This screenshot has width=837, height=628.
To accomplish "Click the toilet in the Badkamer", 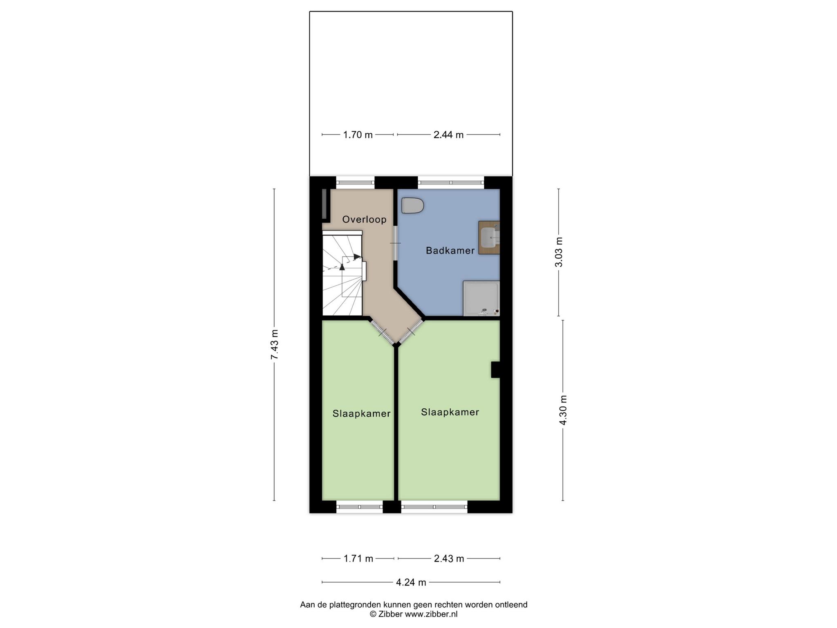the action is pyautogui.click(x=412, y=205).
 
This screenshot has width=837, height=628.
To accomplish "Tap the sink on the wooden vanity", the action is pyautogui.click(x=489, y=238).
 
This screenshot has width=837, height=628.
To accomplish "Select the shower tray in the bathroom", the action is pyautogui.click(x=481, y=298).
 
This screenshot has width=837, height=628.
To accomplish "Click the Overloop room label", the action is pyautogui.click(x=364, y=220).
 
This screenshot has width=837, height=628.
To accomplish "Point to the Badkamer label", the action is pyautogui.click(x=450, y=251).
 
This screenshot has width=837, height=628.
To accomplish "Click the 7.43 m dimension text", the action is pyautogui.click(x=274, y=345).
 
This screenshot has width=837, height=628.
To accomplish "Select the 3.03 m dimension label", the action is pyautogui.click(x=559, y=252).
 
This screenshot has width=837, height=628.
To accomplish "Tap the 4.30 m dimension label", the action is pyautogui.click(x=563, y=410).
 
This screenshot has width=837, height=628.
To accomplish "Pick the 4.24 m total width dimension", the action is pyautogui.click(x=411, y=582).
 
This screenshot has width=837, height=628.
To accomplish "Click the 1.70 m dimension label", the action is pyautogui.click(x=358, y=135).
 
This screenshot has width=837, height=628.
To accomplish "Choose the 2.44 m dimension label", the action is pyautogui.click(x=448, y=135).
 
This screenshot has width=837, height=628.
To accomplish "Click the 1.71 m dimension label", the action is pyautogui.click(x=358, y=558).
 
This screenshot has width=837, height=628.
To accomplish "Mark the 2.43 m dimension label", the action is pyautogui.click(x=449, y=558).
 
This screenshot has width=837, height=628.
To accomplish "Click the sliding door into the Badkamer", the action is pyautogui.click(x=395, y=243).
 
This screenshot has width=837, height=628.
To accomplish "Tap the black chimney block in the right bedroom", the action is pyautogui.click(x=495, y=370).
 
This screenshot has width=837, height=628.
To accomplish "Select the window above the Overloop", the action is pyautogui.click(x=355, y=182).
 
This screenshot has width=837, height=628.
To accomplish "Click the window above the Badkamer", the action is pyautogui.click(x=451, y=182).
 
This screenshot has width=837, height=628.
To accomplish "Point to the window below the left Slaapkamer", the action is pyautogui.click(x=359, y=507).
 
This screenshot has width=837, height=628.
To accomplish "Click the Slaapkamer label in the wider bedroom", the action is pyautogui.click(x=450, y=412).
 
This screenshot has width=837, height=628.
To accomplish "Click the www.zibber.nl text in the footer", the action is pyautogui.click(x=431, y=614).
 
